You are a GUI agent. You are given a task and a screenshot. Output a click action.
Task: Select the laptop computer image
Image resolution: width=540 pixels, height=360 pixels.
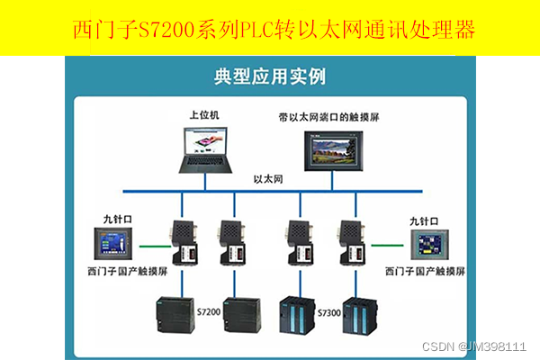click(206, 149)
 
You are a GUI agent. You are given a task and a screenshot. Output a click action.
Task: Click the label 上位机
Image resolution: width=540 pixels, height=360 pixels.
click(204, 116)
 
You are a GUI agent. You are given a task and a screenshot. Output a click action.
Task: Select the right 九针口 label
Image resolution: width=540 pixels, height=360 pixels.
click(423, 220)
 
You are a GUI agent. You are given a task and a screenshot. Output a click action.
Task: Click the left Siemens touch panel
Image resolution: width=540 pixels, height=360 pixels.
click(119, 245)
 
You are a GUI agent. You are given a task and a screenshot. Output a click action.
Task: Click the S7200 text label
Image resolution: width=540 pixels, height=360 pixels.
click(208, 310)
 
